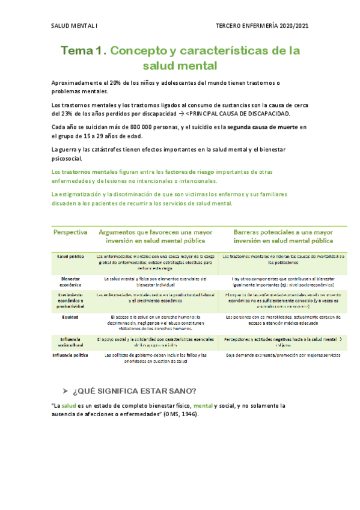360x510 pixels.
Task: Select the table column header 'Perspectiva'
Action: [71, 232]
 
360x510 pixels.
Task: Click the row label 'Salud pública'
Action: [70, 257]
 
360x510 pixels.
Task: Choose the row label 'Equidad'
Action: [70, 316]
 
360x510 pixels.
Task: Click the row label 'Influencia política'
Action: [70, 355]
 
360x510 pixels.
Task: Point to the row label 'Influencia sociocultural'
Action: [70, 342]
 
